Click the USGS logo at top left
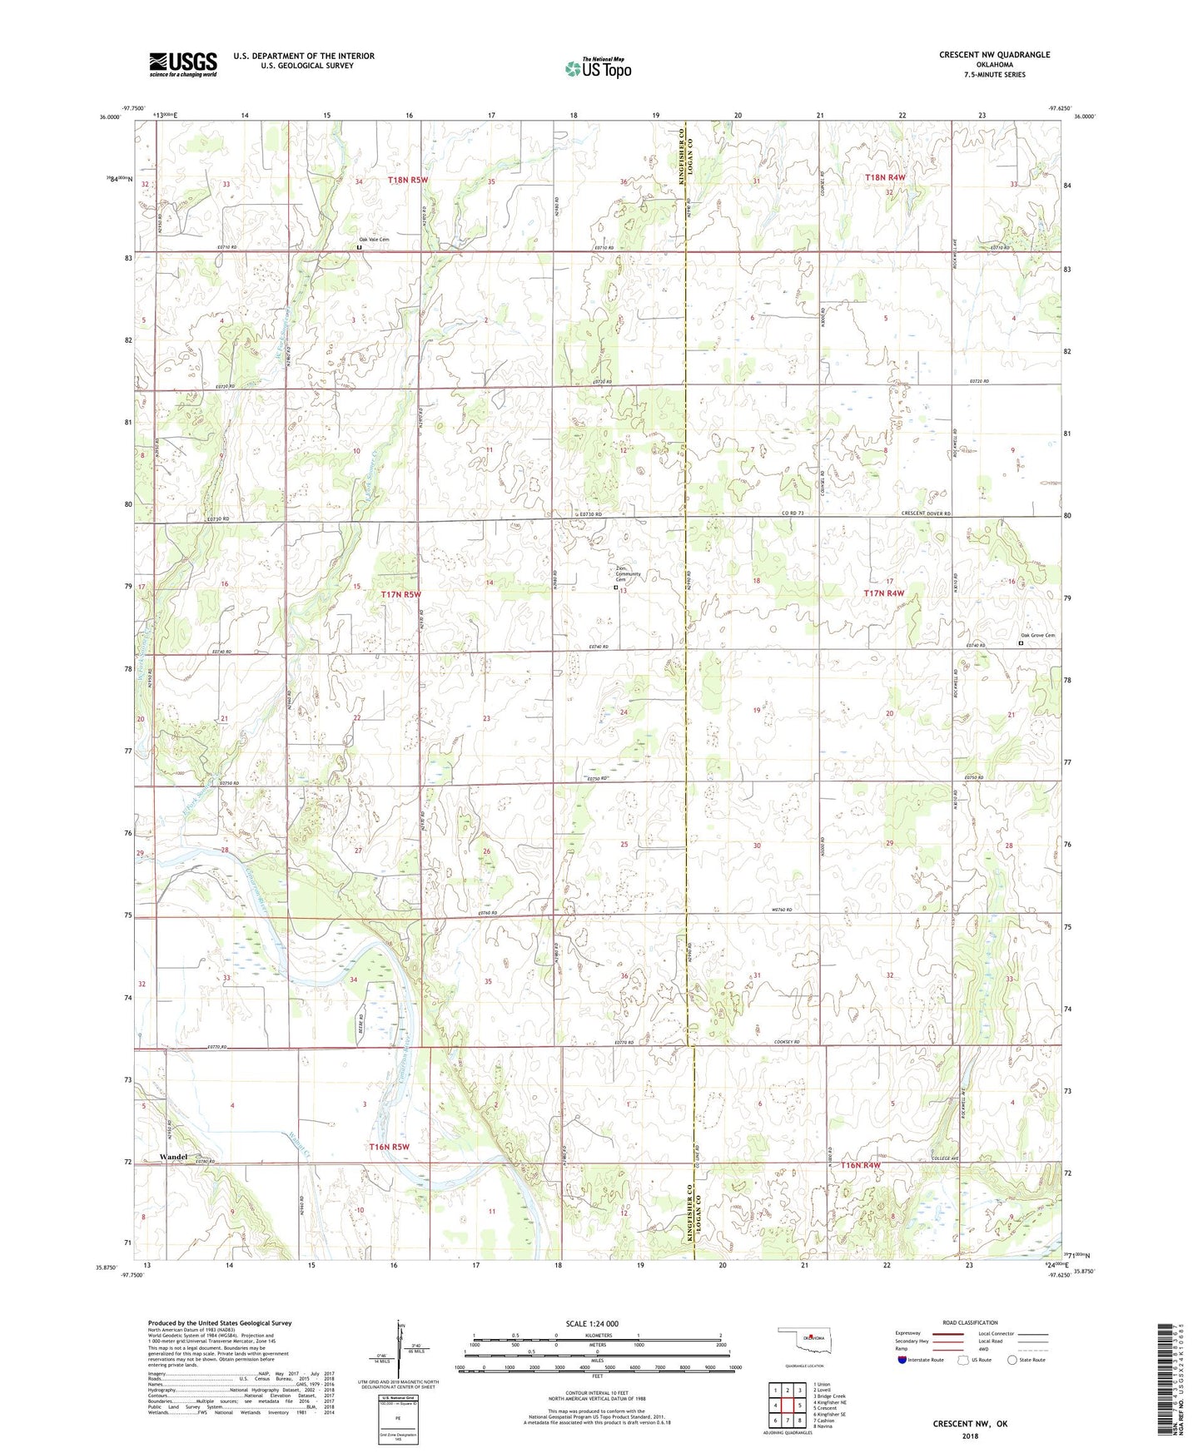tap(183, 64)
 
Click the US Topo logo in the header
tap(597, 68)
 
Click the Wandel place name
tap(173, 1158)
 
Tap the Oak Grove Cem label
tap(1037, 636)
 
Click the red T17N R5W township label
tap(401, 594)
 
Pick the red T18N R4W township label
tap(884, 177)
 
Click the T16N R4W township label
tap(860, 1166)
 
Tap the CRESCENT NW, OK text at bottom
tap(969, 1423)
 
